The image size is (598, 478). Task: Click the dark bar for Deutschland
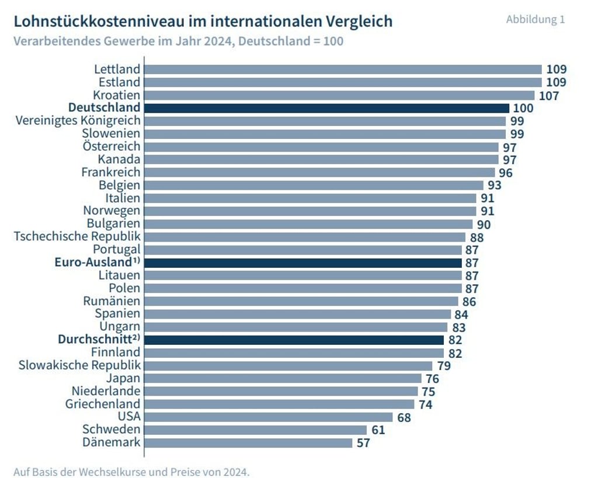coord(326,108)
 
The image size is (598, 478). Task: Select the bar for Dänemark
coord(248,442)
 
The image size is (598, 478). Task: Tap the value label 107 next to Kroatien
coord(549,95)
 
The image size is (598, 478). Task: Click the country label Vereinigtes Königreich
coord(78,121)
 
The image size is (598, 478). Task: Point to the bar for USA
coord(269,417)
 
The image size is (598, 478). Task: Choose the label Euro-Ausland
coord(93,263)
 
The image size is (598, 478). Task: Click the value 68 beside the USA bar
coord(404,417)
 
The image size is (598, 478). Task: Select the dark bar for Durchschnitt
coord(294,340)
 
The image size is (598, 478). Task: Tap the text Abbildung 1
coord(535,19)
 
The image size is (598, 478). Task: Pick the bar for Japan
coord(283,378)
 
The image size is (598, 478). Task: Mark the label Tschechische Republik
coord(77,236)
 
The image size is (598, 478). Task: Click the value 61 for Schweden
coord(378,430)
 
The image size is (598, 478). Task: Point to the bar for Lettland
coord(343,69)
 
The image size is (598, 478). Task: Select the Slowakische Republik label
coord(79,365)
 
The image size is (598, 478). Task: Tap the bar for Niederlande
coord(281,391)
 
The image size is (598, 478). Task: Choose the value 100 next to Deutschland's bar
coord(523,109)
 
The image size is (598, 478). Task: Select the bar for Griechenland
coord(279,404)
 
